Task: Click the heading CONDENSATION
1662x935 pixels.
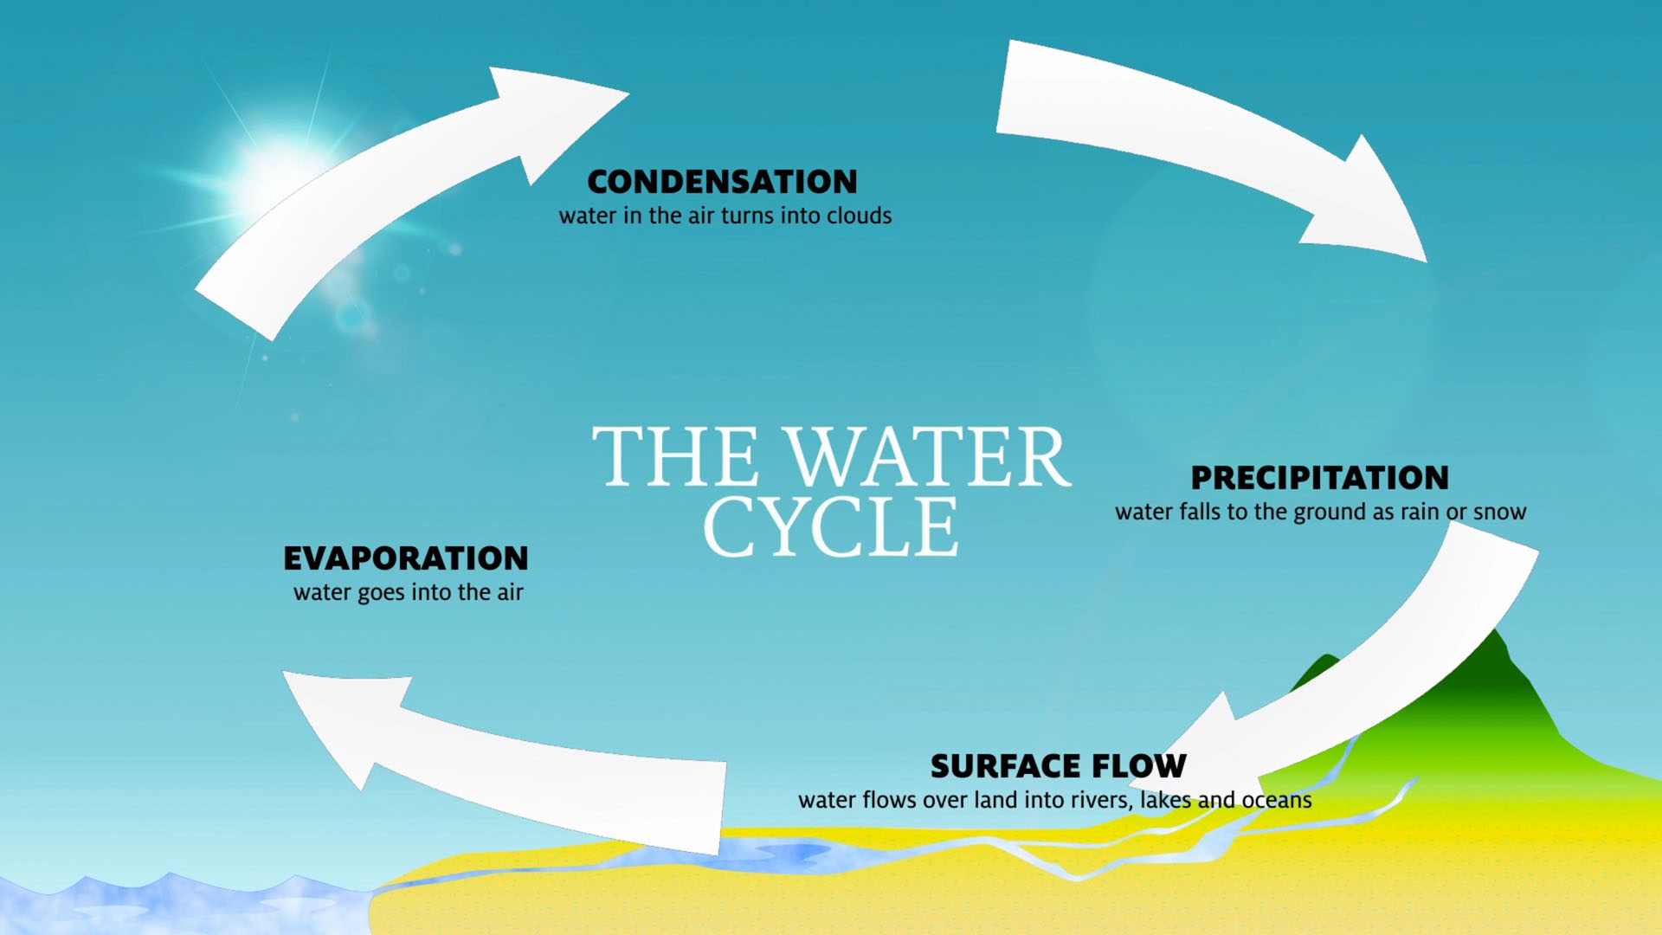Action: click(722, 182)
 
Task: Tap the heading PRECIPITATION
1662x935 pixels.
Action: click(1319, 478)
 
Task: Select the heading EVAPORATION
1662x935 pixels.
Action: click(405, 558)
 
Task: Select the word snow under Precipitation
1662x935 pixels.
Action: click(1499, 512)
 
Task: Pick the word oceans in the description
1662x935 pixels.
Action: click(1277, 800)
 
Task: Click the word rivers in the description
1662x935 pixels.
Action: click(1102, 800)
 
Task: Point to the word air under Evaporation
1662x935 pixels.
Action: click(510, 592)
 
